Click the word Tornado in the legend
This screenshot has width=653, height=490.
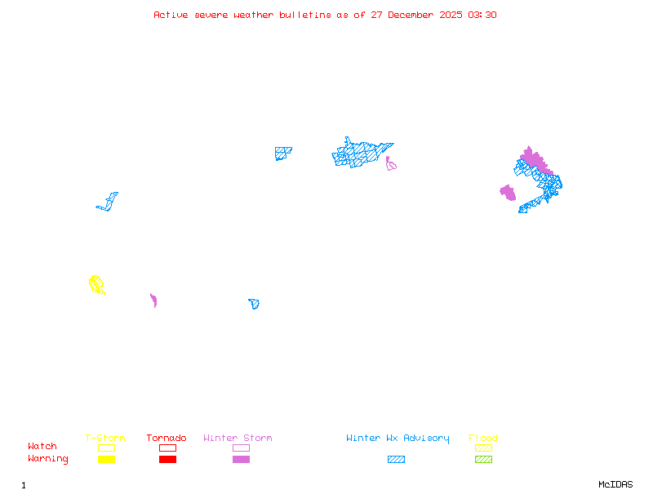pyautogui.click(x=167, y=439)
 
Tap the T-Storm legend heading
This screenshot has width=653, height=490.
pyautogui.click(x=105, y=439)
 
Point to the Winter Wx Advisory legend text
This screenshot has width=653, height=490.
pyautogui.click(x=398, y=439)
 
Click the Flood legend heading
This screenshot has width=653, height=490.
pyautogui.click(x=483, y=439)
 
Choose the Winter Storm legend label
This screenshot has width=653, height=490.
pyautogui.click(x=238, y=439)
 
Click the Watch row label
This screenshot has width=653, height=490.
pyautogui.click(x=42, y=447)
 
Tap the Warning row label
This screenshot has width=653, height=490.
pyautogui.click(x=48, y=459)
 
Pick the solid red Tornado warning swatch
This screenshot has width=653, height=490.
pyautogui.click(x=167, y=460)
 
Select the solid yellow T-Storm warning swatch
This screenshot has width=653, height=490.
pyautogui.click(x=106, y=460)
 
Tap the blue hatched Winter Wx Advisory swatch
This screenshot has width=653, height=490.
pyautogui.click(x=396, y=460)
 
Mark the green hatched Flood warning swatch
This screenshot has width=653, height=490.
pyautogui.click(x=483, y=460)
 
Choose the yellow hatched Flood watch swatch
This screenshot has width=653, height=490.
pyautogui.click(x=483, y=448)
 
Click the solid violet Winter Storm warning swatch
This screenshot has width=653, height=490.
pyautogui.click(x=241, y=460)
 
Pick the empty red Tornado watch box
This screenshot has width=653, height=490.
pyautogui.click(x=167, y=448)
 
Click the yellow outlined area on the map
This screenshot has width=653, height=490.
pyautogui.click(x=96, y=284)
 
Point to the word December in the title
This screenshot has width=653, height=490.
pyautogui.click(x=412, y=15)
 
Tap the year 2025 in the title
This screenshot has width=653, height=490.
pyautogui.click(x=452, y=15)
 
